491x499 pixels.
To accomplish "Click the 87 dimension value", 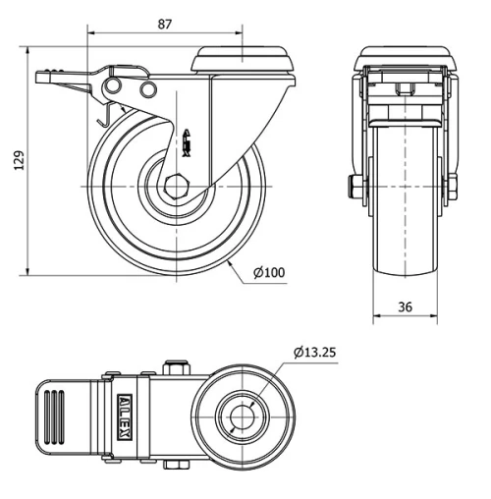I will [x=165, y=24].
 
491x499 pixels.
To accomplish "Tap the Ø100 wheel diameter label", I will [x=269, y=272].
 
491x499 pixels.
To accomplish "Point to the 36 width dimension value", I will [x=405, y=307].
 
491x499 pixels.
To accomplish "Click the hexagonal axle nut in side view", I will [x=177, y=186].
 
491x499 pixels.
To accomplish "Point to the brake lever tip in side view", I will [x=45, y=75].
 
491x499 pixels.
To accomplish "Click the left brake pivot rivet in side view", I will [x=109, y=90].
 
